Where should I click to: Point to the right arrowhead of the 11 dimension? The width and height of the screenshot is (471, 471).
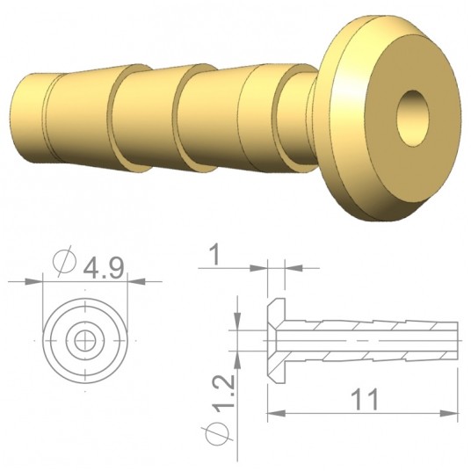click(x=454, y=411)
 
